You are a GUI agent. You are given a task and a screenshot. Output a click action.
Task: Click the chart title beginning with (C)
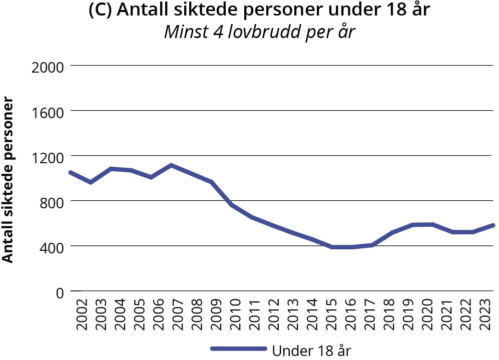click(259, 11)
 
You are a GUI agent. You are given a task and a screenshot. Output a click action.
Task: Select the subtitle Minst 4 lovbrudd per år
click(259, 33)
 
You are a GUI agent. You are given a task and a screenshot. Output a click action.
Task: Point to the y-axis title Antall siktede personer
click(8, 179)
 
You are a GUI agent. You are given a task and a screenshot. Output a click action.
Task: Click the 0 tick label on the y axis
click(60, 292)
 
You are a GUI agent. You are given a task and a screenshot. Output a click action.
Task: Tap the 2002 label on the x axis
click(82, 315)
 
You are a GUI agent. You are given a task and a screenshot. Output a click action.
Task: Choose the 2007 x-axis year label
click(176, 315)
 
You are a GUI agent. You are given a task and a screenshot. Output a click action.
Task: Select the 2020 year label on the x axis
click(428, 315)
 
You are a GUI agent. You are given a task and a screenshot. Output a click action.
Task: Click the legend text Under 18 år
click(311, 350)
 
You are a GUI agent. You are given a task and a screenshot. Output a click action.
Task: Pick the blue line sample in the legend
click(238, 349)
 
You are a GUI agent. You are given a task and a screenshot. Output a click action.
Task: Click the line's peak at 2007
click(171, 165)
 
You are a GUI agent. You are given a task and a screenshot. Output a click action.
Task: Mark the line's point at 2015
click(332, 247)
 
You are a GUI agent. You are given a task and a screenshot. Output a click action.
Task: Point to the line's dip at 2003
click(91, 182)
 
